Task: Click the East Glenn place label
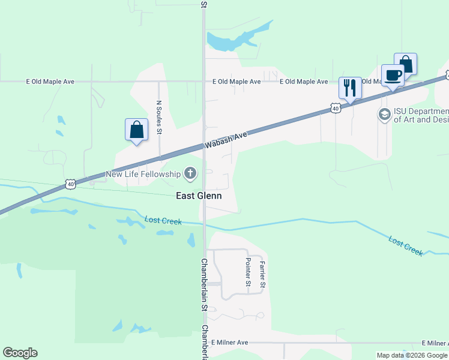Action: point(199,196)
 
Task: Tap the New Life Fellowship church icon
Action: point(190,174)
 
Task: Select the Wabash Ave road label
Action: point(226,140)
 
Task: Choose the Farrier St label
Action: point(262,273)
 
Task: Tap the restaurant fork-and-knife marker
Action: point(350,88)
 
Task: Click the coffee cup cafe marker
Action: point(393,75)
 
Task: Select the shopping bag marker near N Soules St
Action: point(136,129)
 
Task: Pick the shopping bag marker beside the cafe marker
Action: point(406,64)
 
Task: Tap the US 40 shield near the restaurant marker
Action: point(336,108)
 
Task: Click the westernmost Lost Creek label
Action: point(163,221)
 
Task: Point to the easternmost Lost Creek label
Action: point(406,246)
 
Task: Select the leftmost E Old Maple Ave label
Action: point(50,81)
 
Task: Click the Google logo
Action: point(20,353)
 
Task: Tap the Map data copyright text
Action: point(412,355)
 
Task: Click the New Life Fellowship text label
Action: point(143,174)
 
